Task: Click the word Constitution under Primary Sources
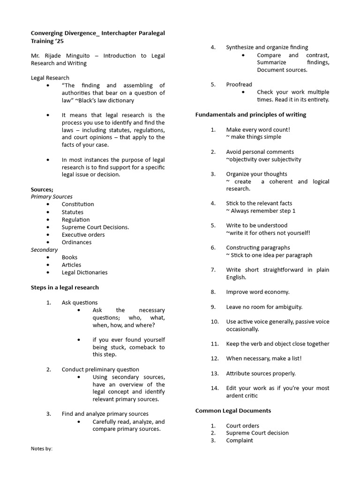tap(78, 204)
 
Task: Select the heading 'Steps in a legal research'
tap(65, 287)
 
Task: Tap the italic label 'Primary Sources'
tap(52, 197)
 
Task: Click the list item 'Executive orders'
tap(83, 235)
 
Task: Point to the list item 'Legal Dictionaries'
tap(84, 272)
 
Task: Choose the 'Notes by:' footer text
tap(42, 449)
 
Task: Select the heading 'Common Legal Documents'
tap(233, 411)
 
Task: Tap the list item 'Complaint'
tap(239, 441)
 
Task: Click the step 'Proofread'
tap(239, 84)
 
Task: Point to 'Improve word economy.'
tap(258, 292)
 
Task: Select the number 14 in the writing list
tap(215, 388)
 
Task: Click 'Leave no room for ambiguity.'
tap(264, 307)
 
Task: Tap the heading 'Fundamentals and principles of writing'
tap(250, 114)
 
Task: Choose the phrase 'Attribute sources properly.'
tap(261, 374)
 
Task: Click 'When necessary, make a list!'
tap(264, 359)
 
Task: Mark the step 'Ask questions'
tap(80, 303)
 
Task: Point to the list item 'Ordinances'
tap(76, 242)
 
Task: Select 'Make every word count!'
tap(258, 129)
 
